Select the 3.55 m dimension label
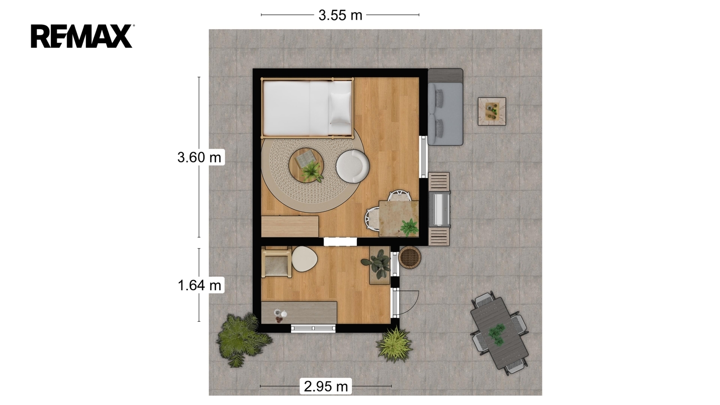pos(340,15)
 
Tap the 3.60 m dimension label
pos(199,157)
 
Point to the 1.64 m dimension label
pos(199,285)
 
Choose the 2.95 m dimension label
pos(326,386)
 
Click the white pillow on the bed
pos(340,108)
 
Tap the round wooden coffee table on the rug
pos(306,165)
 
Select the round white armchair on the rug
pos(353,166)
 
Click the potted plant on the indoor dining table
pos(409,227)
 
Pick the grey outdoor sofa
pos(445,107)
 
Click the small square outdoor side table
pos(492,111)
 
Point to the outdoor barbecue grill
pos(439,209)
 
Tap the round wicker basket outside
pos(409,257)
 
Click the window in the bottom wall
pos(313,328)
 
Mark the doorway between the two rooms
pos(340,242)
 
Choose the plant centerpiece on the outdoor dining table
pos(497,335)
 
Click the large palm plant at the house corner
pos(241,339)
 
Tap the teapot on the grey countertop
pos(283,313)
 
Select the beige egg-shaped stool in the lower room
pos(304,259)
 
